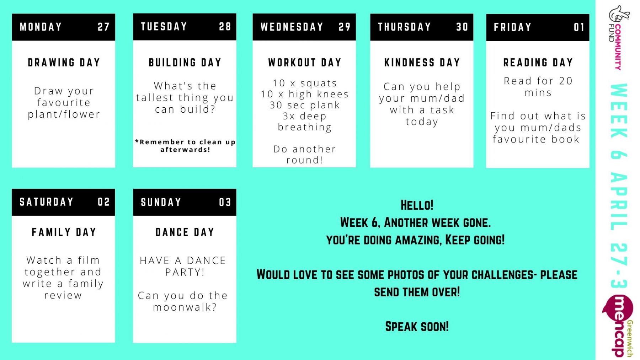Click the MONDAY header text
41,27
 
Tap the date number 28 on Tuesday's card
225,27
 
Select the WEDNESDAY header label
292,27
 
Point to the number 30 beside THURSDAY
462,27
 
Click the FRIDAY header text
512,27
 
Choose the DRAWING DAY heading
64,63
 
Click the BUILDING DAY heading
185,63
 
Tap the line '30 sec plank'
305,105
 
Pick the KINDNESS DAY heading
422,63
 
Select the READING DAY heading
538,63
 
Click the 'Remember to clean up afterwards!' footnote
185,146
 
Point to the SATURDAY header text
47,202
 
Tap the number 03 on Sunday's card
225,203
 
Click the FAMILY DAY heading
64,232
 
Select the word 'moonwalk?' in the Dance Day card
185,307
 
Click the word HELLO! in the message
417,205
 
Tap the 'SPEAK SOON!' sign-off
417,326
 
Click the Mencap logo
619,325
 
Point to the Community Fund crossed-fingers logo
618,37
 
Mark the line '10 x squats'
305,83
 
